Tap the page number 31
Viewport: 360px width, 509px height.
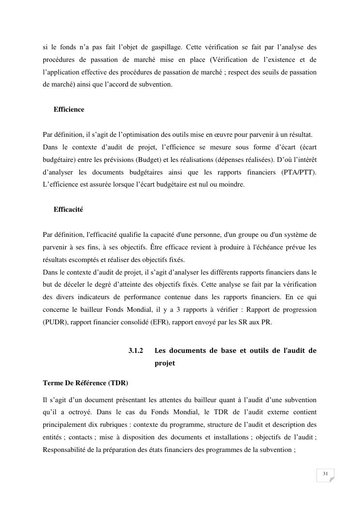pyautogui.click(x=325, y=474)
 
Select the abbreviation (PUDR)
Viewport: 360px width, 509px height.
pyautogui.click(x=56, y=322)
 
